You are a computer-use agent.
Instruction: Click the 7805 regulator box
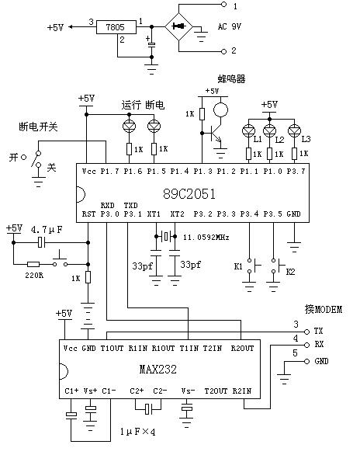pyautogui.click(x=116, y=27)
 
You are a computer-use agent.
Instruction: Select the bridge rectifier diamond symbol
pyautogui.click(x=179, y=26)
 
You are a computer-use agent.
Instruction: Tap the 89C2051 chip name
pyautogui.click(x=189, y=194)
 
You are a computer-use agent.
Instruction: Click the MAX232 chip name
pyautogui.click(x=158, y=369)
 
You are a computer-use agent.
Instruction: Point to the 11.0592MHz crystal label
pyautogui.click(x=206, y=238)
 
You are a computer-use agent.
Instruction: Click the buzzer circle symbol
pyautogui.click(x=220, y=110)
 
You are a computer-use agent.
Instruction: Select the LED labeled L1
pyautogui.click(x=248, y=130)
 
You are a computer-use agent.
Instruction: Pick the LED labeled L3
pyautogui.click(x=294, y=130)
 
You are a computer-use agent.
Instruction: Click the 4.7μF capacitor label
pyautogui.click(x=47, y=230)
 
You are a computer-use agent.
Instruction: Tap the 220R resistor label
pyautogui.click(x=34, y=275)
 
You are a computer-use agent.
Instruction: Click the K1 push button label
pyautogui.click(x=238, y=266)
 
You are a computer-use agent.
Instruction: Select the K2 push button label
pyautogui.click(x=290, y=272)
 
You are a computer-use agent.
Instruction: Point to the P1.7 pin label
pyautogui.click(x=110, y=172)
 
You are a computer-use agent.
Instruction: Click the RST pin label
pyautogui.click(x=88, y=214)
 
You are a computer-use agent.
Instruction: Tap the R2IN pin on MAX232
pyautogui.click(x=241, y=391)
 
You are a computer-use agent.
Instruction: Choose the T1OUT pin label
pyautogui.click(x=112, y=348)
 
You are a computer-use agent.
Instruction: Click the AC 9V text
pyautogui.click(x=230, y=26)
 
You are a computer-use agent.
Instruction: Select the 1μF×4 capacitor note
pyautogui.click(x=138, y=432)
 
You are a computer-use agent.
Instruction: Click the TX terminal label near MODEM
pyautogui.click(x=318, y=331)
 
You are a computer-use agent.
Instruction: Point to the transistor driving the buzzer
pyautogui.click(x=216, y=134)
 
